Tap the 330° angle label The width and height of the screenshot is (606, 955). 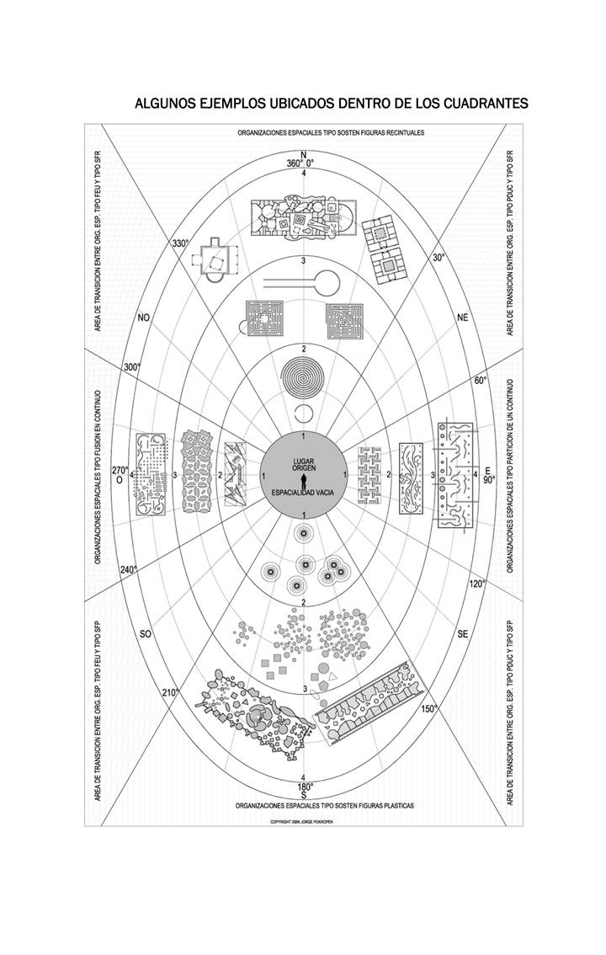click(x=181, y=243)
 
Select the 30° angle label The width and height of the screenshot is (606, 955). click(x=438, y=258)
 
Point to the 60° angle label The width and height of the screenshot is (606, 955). click(x=480, y=381)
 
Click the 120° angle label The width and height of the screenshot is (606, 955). click(x=476, y=584)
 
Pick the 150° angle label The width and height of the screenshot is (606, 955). click(x=429, y=708)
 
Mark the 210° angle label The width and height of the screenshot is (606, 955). click(x=171, y=692)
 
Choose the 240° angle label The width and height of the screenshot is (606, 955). click(x=129, y=570)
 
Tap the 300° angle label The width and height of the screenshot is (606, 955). click(x=131, y=368)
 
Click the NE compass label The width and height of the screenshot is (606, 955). click(x=461, y=317)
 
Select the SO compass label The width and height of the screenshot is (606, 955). click(x=145, y=634)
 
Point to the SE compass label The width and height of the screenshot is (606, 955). click(x=461, y=634)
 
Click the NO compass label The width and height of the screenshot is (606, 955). click(x=144, y=317)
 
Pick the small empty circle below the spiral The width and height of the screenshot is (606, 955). click(x=303, y=413)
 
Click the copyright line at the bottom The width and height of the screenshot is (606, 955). click(x=303, y=820)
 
